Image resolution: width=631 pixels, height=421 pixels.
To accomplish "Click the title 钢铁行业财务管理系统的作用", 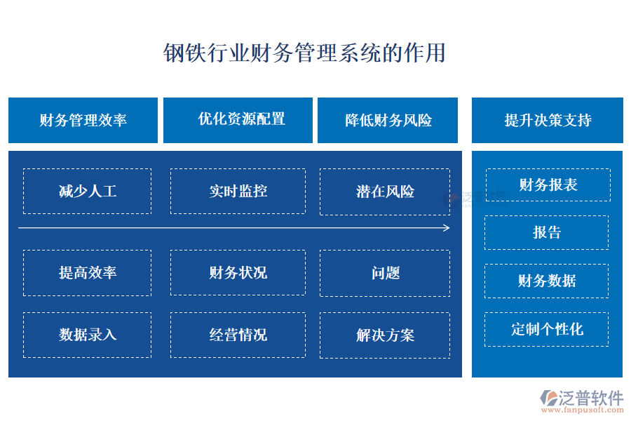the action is pyautogui.click(x=304, y=53).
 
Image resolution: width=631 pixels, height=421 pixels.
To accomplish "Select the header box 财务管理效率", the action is pyautogui.click(x=83, y=120).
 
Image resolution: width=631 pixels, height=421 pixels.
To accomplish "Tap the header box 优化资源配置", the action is pyautogui.click(x=238, y=120).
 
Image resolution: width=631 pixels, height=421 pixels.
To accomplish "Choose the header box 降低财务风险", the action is pyautogui.click(x=388, y=120).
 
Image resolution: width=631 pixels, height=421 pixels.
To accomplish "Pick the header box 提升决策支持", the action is pyautogui.click(x=548, y=120).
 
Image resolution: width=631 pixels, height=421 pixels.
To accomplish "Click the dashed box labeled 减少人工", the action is pyautogui.click(x=88, y=191).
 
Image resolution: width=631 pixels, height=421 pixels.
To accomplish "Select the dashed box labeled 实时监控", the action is pyautogui.click(x=238, y=191).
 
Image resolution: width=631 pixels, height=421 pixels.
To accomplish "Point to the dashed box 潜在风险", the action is pyautogui.click(x=385, y=192).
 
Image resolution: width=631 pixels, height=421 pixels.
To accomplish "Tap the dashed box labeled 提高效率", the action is pyautogui.click(x=88, y=273).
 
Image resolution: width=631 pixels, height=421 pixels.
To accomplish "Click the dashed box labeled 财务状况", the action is pyautogui.click(x=238, y=272).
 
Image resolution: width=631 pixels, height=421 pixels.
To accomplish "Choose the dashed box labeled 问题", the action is pyautogui.click(x=385, y=273).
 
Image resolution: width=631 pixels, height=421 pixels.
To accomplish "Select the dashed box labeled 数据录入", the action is pyautogui.click(x=88, y=335).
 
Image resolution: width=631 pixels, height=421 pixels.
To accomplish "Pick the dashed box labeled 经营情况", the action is pyautogui.click(x=238, y=335).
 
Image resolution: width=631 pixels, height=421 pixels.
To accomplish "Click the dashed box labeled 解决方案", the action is pyautogui.click(x=385, y=335).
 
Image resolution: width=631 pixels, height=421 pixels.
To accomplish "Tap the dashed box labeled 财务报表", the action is pyautogui.click(x=548, y=185).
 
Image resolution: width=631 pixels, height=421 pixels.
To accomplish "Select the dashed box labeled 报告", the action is pyautogui.click(x=546, y=232).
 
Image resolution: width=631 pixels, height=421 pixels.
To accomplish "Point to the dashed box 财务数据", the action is pyautogui.click(x=546, y=281).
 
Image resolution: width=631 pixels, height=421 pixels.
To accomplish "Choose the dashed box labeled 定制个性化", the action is pyautogui.click(x=546, y=329).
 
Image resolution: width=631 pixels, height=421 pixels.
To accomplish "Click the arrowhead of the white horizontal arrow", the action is pyautogui.click(x=447, y=228).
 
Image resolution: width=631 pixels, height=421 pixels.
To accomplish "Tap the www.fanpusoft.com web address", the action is pyautogui.click(x=582, y=410).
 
